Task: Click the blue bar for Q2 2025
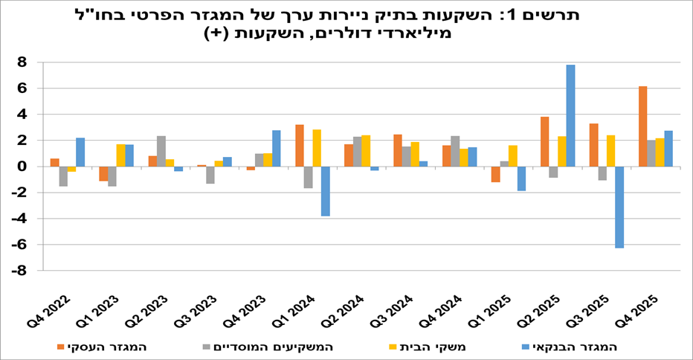[x=570, y=115]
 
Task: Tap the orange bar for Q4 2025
[x=642, y=126]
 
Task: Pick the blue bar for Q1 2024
[x=326, y=191]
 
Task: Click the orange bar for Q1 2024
[x=300, y=146]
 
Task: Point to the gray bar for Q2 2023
[x=161, y=151]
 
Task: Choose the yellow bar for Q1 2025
[x=512, y=155]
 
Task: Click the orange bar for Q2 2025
[x=545, y=141]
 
